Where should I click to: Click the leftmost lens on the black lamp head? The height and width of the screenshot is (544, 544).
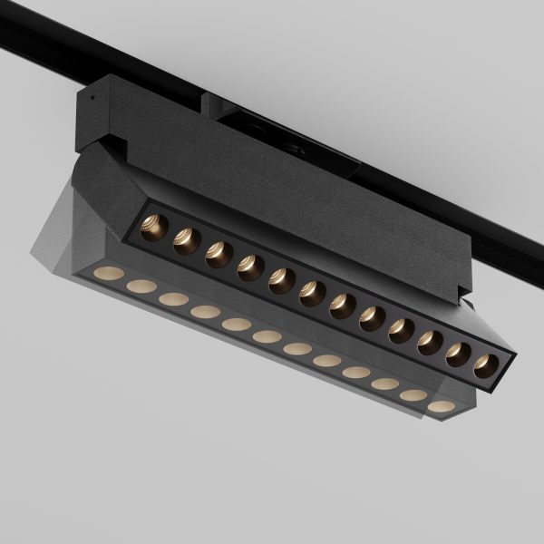click(155, 228)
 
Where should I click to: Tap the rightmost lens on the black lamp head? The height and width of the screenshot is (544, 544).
click(487, 364)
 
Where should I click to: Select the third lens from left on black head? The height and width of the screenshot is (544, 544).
click(219, 254)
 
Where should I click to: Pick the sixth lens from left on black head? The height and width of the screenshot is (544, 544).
click(313, 293)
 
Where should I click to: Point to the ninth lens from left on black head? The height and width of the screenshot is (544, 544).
click(402, 330)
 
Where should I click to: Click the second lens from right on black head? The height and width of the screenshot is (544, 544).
click(459, 354)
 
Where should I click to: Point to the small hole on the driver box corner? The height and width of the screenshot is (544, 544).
click(91, 92)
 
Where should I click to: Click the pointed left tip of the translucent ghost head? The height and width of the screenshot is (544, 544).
click(32, 249)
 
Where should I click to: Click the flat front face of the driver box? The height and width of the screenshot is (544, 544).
click(272, 181)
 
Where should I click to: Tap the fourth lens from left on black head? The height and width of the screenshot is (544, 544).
click(250, 267)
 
